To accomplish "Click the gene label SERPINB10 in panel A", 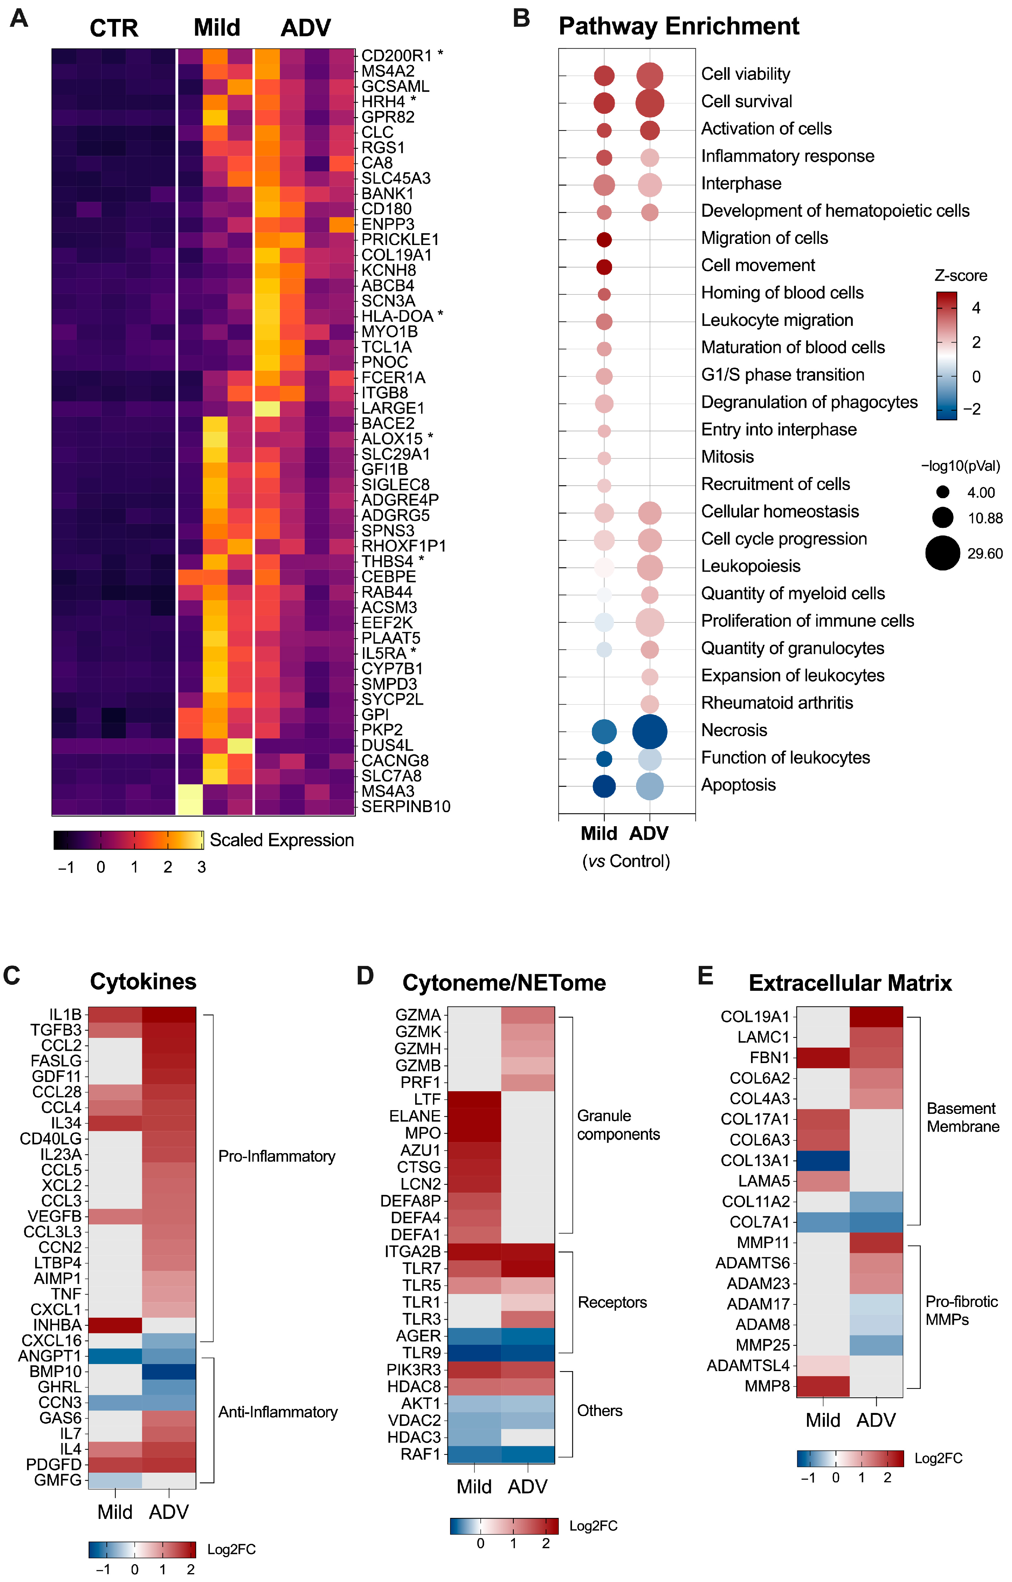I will point(406,807).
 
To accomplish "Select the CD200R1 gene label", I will point(396,56).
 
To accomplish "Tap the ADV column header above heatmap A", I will point(305,28).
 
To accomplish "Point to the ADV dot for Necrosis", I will point(649,731).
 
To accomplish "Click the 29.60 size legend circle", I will point(942,553).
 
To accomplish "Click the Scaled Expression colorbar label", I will point(281,840).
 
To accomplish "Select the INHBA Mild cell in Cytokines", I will point(115,1325).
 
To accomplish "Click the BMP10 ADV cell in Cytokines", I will point(169,1372).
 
